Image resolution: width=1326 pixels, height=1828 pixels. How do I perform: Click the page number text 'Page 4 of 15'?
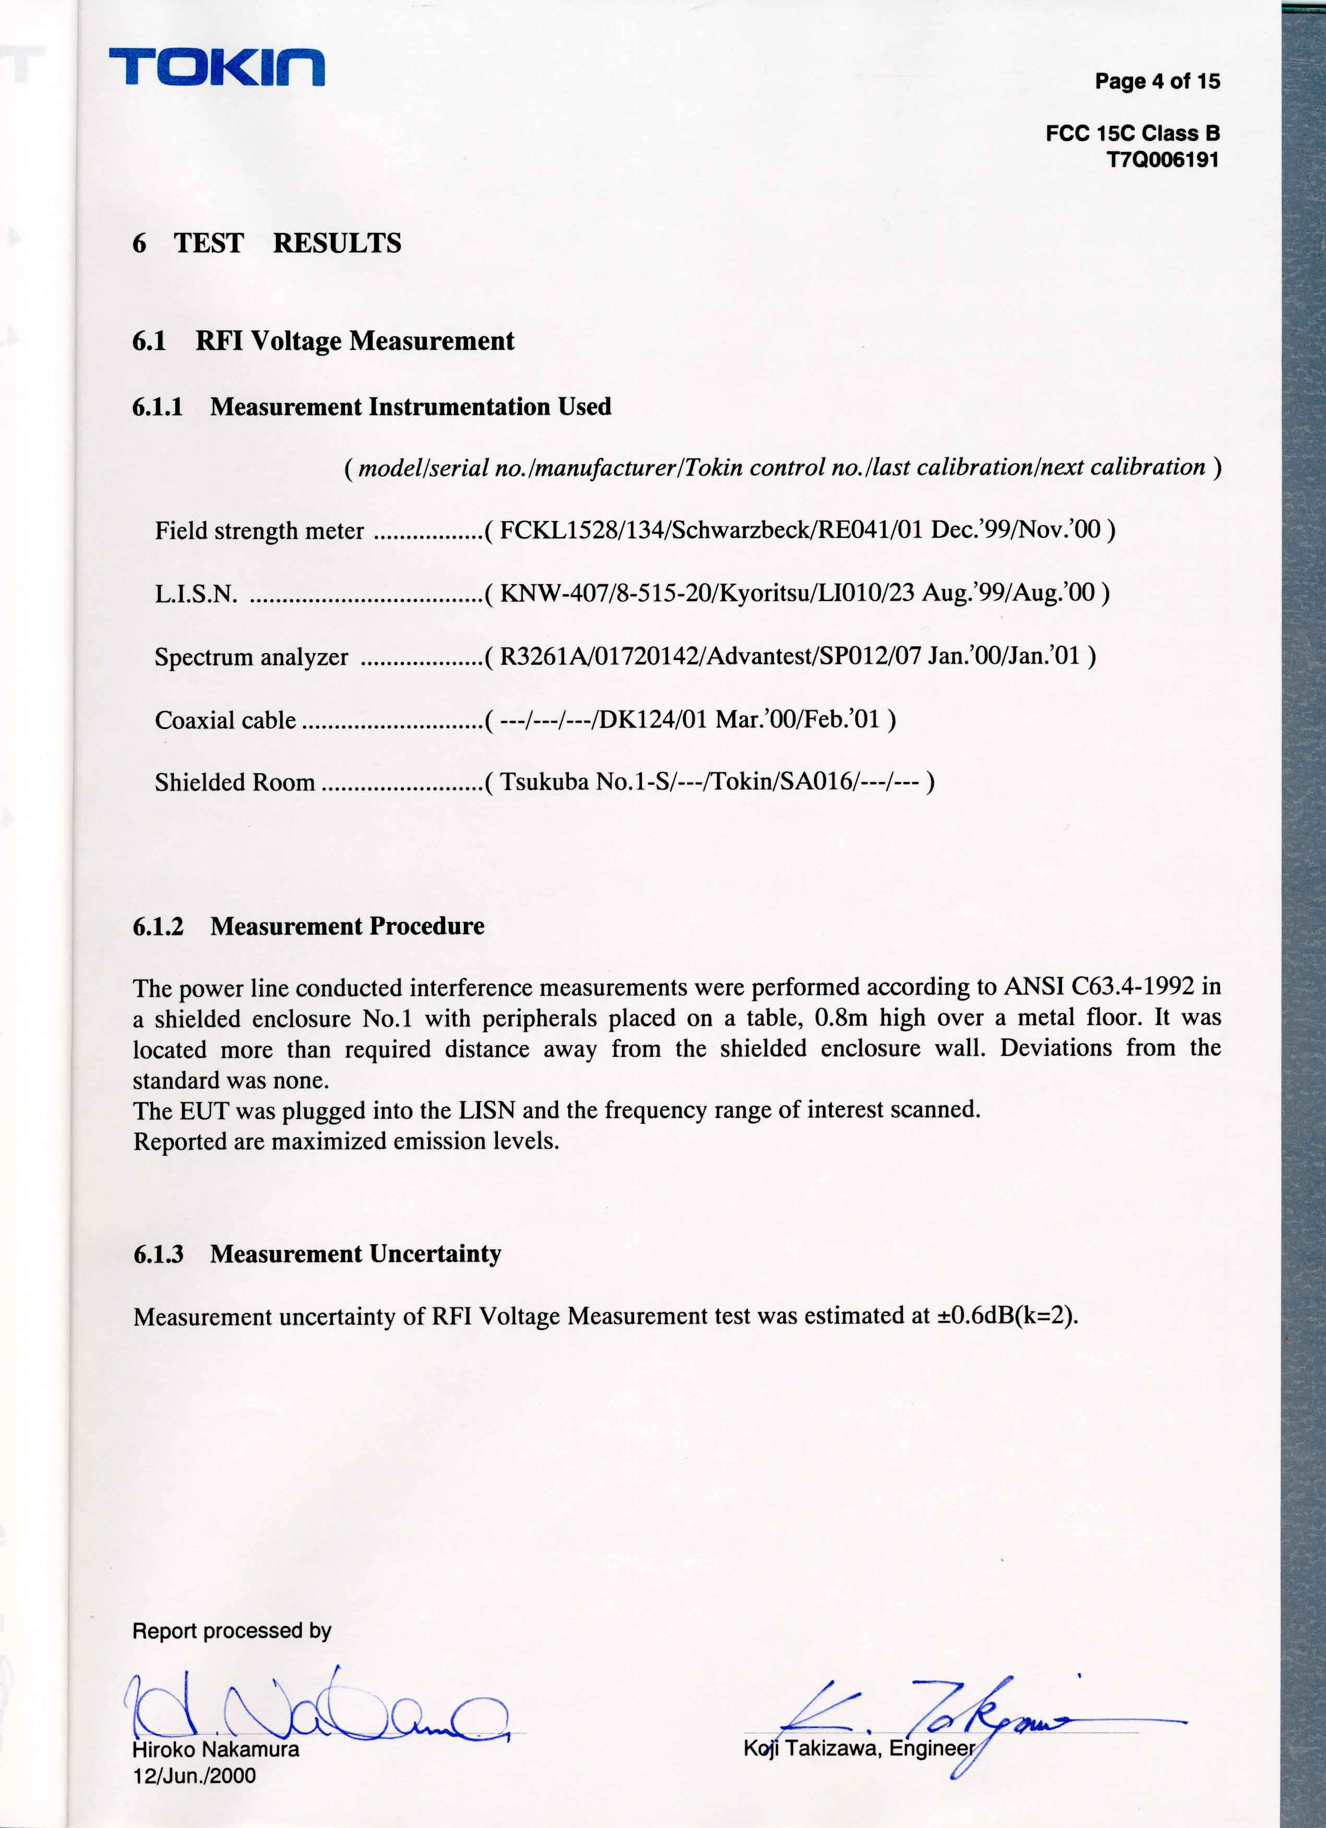click(x=1157, y=81)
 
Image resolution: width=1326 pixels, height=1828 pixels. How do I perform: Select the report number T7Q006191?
click(x=1163, y=160)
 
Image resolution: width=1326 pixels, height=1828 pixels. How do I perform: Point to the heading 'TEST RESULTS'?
click(x=288, y=243)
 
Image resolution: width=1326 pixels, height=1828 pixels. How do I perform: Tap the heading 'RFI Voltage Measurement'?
click(x=354, y=341)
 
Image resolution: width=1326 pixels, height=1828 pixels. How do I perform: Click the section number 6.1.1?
click(x=158, y=407)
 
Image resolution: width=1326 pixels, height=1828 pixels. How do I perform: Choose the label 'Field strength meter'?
click(x=259, y=531)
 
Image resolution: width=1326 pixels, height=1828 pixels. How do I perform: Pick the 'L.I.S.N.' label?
click(x=196, y=594)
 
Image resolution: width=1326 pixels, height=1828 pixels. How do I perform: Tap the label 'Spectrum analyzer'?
click(x=252, y=657)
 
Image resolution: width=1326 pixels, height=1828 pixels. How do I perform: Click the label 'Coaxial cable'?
click(x=225, y=720)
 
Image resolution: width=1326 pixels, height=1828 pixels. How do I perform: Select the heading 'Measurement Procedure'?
click(x=347, y=926)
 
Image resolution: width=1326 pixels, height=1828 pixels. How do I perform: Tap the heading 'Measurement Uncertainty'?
click(x=355, y=1254)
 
